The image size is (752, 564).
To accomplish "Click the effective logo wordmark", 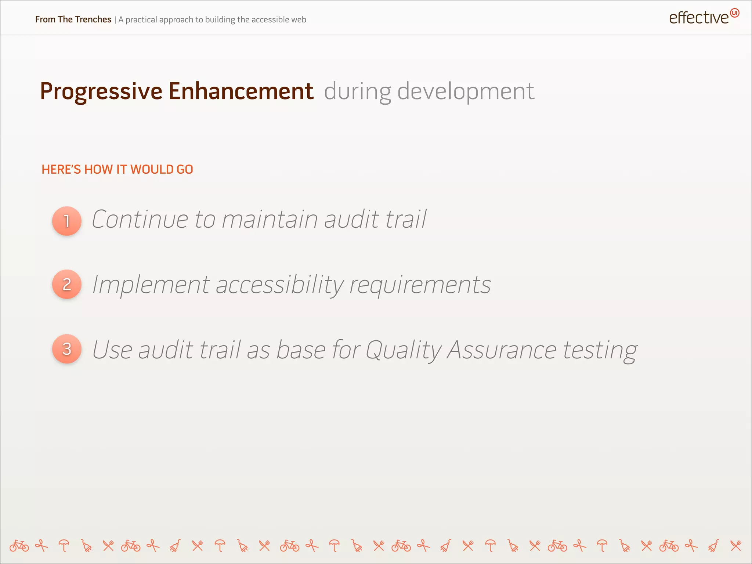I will (698, 18).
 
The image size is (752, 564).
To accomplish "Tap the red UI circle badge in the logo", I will (734, 13).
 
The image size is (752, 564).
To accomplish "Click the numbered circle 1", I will (67, 221).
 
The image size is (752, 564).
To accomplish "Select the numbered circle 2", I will (67, 284).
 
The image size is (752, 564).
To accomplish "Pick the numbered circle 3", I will (67, 349).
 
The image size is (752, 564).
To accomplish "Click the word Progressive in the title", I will (101, 91).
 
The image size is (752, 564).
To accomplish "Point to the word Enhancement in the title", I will (241, 91).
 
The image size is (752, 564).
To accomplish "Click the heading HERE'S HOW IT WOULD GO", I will (117, 169).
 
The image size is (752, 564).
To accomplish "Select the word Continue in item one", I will (140, 219).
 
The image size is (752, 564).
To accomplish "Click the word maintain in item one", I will (270, 219).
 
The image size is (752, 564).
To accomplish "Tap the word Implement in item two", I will (151, 285).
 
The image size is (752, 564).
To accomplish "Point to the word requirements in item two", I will (420, 285).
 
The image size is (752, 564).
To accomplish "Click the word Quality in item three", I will (403, 350).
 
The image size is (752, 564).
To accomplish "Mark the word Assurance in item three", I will (502, 350).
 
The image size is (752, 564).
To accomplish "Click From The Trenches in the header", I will (73, 19).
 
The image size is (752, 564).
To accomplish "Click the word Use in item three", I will (112, 350).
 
